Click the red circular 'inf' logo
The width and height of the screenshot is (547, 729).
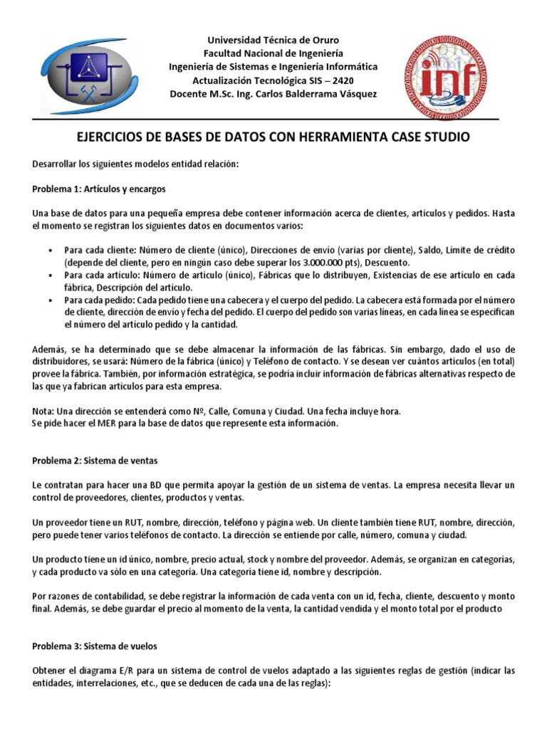coord(446,77)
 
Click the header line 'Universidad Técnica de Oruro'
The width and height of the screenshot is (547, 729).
coord(273,40)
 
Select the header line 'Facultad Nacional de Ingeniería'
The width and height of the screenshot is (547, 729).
coord(273,53)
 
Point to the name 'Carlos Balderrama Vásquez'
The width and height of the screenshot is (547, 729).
coord(316,94)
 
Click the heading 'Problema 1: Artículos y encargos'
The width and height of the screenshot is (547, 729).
coord(99,189)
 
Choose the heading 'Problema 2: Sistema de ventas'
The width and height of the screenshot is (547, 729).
coord(94,461)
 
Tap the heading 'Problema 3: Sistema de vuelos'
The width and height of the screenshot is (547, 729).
coord(95,646)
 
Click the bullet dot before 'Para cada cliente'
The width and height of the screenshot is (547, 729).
coord(50,251)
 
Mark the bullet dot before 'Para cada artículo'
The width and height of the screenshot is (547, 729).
coord(50,276)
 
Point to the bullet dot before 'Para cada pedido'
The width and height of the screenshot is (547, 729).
coord(50,300)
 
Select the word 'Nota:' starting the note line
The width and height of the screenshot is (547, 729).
coord(43,412)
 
